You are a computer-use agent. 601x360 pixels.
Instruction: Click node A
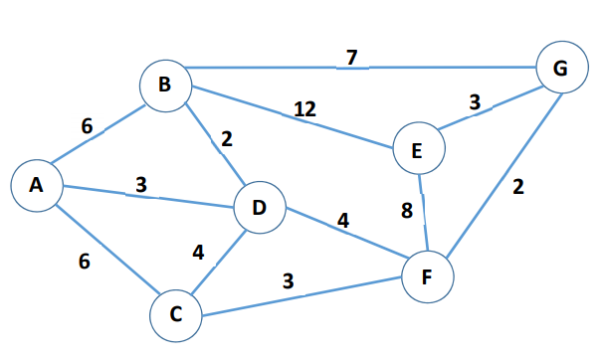37,186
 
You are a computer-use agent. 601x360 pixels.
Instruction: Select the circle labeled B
165,86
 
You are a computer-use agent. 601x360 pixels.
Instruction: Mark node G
560,70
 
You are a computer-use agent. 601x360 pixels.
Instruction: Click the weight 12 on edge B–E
304,108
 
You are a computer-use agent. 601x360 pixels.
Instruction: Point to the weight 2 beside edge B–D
227,139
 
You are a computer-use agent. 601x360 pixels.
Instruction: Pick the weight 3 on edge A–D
141,185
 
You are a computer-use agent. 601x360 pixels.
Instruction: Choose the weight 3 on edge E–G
475,102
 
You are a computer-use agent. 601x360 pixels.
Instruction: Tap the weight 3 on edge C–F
288,280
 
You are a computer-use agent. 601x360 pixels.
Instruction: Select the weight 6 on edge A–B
87,126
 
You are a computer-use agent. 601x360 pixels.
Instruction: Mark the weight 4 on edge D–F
341,220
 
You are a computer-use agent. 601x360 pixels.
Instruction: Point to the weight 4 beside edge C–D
198,253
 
